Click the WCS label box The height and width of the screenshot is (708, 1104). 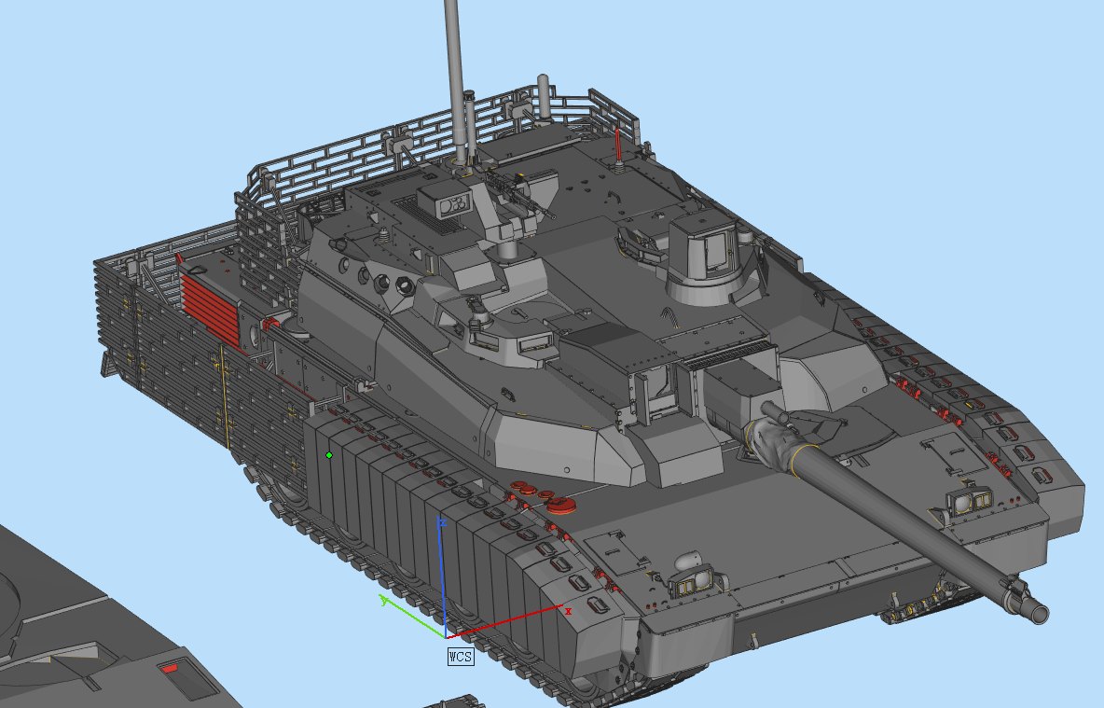tap(461, 657)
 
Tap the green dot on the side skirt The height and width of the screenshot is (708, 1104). tap(329, 456)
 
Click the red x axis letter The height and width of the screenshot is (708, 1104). tap(568, 612)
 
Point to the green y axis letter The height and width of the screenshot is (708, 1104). tap(384, 600)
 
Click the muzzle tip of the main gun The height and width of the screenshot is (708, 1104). tap(1040, 614)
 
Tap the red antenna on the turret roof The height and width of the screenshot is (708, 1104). tap(618, 146)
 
